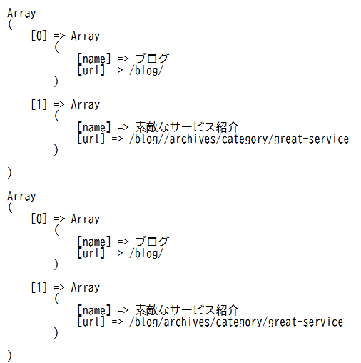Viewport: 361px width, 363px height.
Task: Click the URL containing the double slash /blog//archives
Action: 239,139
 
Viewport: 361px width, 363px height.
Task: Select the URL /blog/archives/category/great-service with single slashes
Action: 236,322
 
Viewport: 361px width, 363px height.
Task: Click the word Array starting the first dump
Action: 21,14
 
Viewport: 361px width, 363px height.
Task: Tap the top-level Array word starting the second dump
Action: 21,197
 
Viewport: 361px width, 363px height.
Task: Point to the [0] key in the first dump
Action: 39,36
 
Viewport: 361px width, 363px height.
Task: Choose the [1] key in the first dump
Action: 39,104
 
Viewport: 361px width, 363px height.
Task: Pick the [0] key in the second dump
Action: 39,219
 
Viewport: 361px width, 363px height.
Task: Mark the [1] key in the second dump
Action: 39,287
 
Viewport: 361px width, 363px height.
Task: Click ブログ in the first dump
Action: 152,59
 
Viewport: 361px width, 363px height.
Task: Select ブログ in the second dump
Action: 152,242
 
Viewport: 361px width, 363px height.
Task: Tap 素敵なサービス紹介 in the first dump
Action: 187,127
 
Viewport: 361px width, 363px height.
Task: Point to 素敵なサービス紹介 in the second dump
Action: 187,310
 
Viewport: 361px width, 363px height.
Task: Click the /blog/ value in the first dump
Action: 146,71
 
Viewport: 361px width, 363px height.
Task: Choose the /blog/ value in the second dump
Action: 146,254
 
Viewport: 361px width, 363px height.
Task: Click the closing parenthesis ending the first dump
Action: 9,173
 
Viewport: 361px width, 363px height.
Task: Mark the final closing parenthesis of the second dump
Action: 9,356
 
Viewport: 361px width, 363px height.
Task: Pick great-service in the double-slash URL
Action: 312,139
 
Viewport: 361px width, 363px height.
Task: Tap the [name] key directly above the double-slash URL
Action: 94,127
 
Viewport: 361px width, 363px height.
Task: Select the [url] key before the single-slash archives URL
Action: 91,322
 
